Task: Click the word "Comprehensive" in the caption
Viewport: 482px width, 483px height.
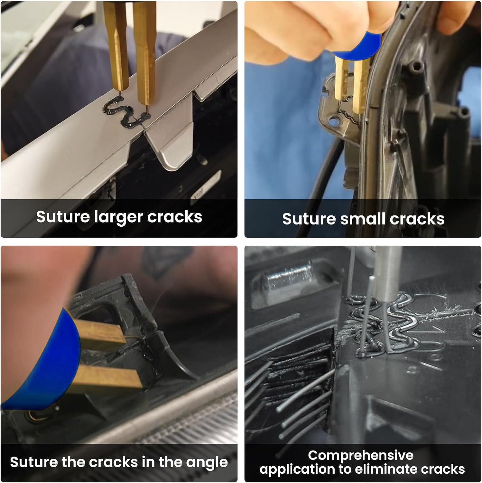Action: point(360,455)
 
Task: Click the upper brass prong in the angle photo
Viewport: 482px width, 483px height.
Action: point(100,333)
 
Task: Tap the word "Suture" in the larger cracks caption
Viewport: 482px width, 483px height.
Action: point(63,217)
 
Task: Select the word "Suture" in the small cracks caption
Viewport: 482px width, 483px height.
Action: point(309,219)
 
